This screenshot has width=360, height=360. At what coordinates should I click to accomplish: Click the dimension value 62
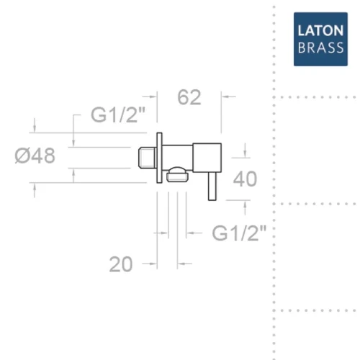tap(189, 97)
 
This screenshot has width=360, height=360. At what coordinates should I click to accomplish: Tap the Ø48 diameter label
tap(35, 156)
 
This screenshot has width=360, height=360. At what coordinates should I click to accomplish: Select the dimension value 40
tap(245, 179)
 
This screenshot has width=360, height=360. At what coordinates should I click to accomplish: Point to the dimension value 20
tap(121, 264)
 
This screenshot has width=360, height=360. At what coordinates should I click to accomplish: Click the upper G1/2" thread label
tap(118, 115)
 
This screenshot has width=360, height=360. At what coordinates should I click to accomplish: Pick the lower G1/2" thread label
tap(239, 233)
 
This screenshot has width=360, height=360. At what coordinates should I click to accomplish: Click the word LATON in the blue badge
tap(320, 31)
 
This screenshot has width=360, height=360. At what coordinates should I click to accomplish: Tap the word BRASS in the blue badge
tap(320, 48)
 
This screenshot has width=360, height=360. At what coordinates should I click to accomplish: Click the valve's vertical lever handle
tap(212, 186)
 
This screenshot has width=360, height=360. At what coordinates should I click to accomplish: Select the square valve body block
tap(207, 158)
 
